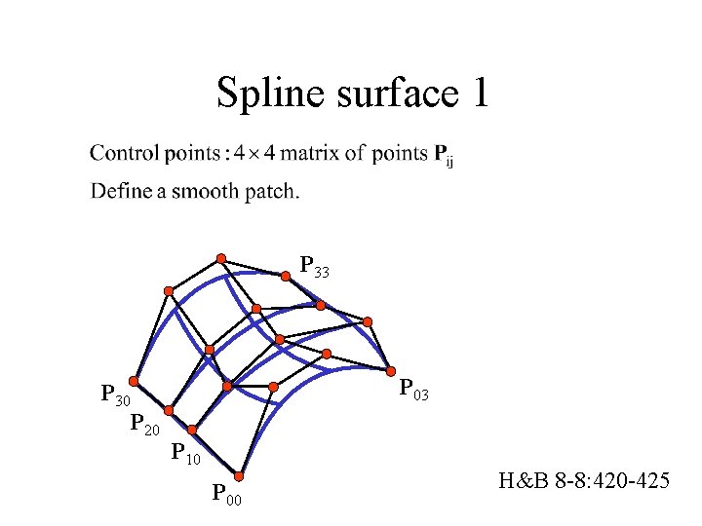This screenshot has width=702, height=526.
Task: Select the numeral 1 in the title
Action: (479, 94)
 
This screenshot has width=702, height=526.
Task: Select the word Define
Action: (121, 190)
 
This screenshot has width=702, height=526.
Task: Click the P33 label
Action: (315, 266)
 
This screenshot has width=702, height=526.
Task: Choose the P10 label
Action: (186, 452)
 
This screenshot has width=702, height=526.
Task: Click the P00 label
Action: (227, 494)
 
